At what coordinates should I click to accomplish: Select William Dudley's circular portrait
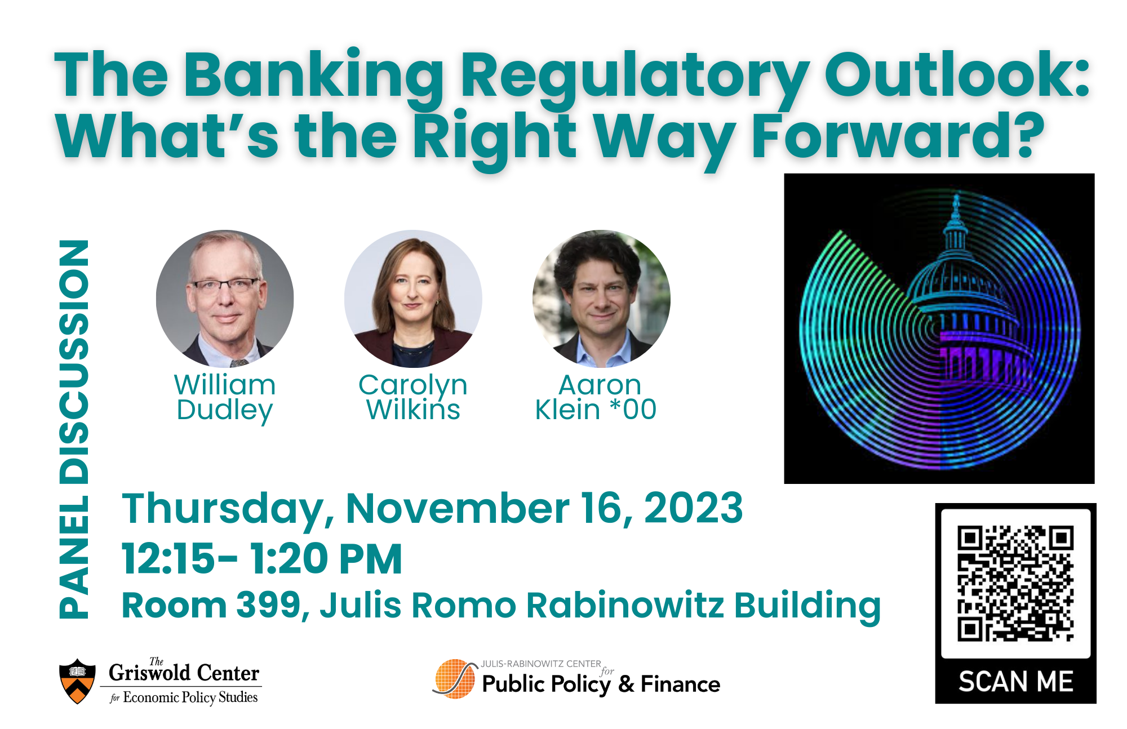225,299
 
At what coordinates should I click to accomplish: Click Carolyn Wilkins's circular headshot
413,299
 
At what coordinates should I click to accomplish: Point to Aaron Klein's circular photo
601,299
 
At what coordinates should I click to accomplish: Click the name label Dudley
225,410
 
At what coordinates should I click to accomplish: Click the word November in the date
457,508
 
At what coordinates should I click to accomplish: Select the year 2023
693,508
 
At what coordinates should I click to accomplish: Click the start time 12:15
168,559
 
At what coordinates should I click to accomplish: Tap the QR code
1015,584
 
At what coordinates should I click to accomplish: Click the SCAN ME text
1015,682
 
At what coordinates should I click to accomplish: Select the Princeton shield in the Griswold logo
78,681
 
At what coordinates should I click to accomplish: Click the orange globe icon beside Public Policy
454,679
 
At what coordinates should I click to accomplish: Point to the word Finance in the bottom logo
680,684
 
